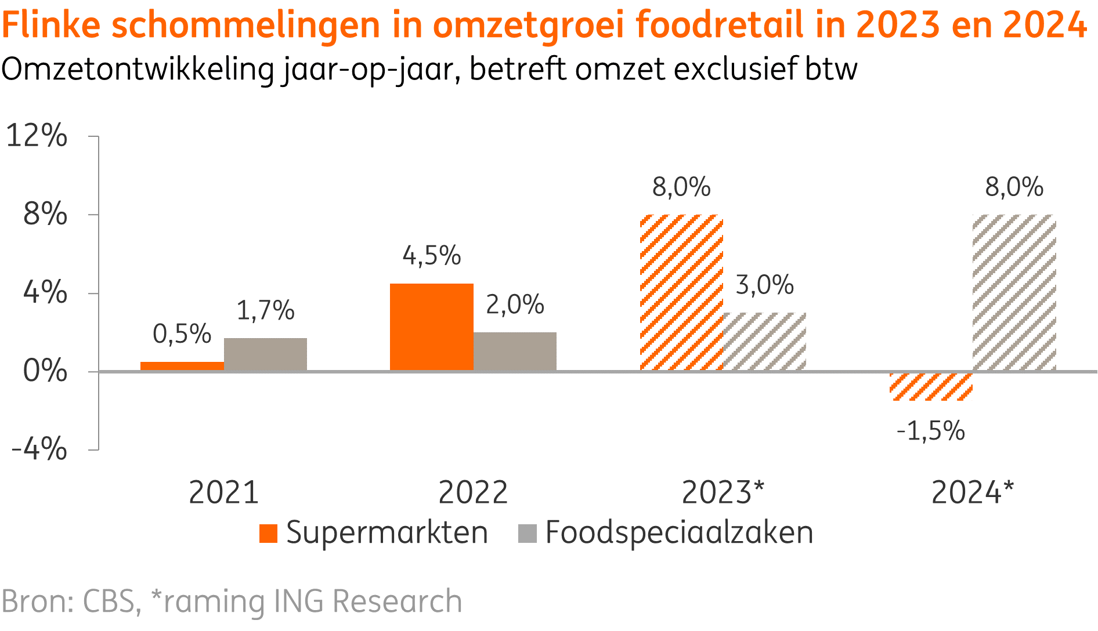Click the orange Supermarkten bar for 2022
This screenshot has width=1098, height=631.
[x=431, y=327]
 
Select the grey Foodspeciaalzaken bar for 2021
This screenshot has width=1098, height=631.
[x=265, y=354]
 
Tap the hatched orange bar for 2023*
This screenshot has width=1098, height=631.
[x=681, y=292]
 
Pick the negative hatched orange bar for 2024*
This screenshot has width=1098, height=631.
[x=931, y=386]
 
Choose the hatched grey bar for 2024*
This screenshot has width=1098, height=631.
[x=1014, y=292]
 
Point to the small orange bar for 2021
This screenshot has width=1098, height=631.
[x=182, y=366]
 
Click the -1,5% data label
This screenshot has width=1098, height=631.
[x=930, y=431]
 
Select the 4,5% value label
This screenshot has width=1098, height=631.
[x=432, y=256]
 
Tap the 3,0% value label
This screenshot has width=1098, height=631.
[x=764, y=285]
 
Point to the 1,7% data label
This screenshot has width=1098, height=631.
[x=265, y=311]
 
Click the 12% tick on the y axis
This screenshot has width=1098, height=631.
[x=37, y=136]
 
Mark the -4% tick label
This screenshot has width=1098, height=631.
[x=39, y=449]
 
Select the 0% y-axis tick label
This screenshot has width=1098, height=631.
[x=45, y=371]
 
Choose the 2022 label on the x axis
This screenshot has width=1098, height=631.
[x=472, y=493]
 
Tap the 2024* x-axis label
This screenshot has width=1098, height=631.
[x=971, y=493]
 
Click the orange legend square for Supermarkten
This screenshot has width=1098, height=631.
[x=268, y=533]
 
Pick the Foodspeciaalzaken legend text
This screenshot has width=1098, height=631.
[x=679, y=533]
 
